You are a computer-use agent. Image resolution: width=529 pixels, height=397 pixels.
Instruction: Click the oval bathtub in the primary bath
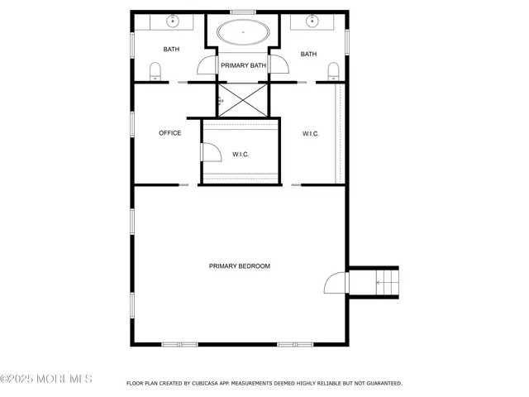(243, 34)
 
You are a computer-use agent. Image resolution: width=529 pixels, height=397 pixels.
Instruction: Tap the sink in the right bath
(313, 20)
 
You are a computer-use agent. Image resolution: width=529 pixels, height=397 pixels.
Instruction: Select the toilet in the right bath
(332, 71)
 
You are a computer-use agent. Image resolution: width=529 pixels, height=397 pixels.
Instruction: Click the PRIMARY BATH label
(243, 65)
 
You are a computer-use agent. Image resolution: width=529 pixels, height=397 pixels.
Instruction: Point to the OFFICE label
(170, 133)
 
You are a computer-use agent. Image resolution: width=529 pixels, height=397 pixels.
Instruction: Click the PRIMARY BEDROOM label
(240, 266)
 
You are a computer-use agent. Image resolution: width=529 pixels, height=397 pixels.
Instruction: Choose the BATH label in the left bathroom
(171, 50)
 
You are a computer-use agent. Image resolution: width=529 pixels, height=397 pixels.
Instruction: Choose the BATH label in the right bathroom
(309, 55)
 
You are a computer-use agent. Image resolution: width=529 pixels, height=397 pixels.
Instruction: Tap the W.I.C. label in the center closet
(241, 154)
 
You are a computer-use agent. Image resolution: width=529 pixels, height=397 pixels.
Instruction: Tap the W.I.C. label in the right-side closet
(311, 133)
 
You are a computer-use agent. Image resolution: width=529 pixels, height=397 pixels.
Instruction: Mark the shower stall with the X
(243, 100)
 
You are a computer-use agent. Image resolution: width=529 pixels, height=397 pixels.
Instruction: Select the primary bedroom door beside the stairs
(336, 284)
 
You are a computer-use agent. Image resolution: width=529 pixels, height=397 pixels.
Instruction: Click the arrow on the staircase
(381, 282)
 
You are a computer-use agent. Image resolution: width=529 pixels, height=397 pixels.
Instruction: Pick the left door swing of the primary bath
(207, 67)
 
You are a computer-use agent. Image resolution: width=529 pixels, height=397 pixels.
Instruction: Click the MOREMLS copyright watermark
(46, 379)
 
